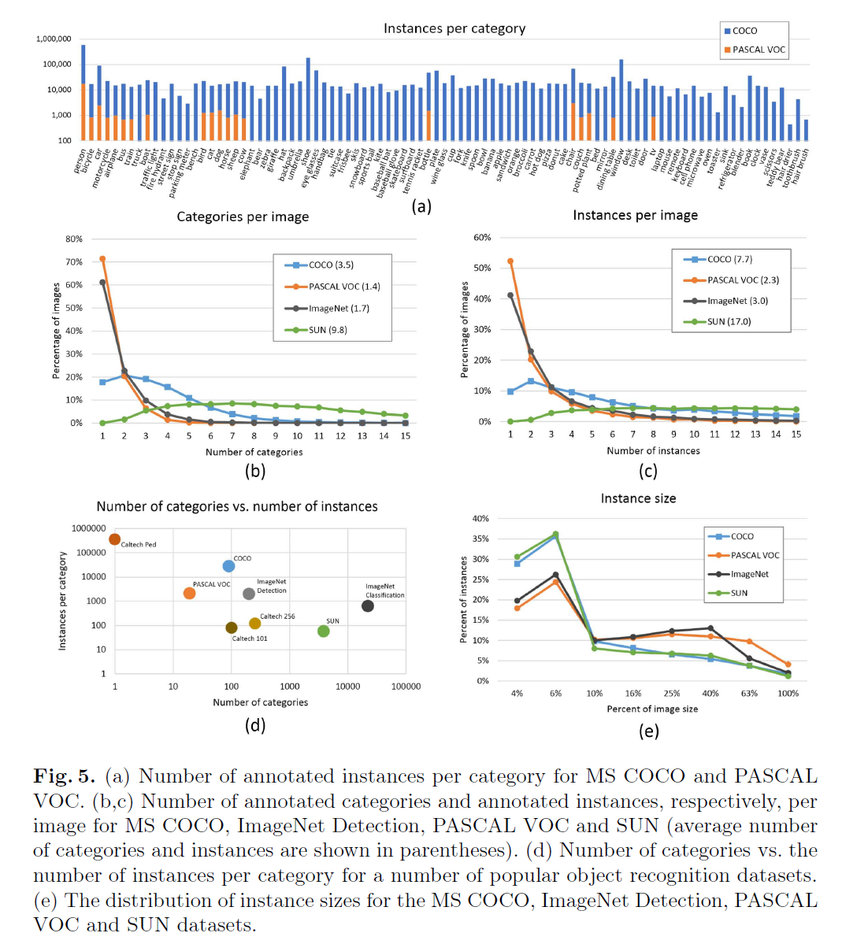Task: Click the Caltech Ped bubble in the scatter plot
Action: point(115,539)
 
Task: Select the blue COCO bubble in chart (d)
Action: point(228,566)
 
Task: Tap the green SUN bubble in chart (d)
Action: point(324,631)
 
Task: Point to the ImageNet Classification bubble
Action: point(368,605)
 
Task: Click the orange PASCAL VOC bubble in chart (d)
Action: point(189,593)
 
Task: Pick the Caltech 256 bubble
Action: point(254,624)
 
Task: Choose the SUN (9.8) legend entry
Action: point(328,330)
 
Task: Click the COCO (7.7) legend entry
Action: point(729,259)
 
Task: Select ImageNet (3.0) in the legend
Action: point(737,301)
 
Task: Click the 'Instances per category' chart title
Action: point(454,28)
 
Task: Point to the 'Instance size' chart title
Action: point(638,498)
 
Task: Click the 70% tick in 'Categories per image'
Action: point(74,261)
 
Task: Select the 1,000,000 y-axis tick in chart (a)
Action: point(54,39)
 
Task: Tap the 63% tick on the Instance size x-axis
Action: point(749,694)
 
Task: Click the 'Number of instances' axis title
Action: point(653,451)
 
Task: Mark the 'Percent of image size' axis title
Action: point(652,709)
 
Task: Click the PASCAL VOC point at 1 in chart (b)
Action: point(102,258)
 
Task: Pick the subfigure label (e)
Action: point(648,731)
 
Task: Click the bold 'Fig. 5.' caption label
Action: point(64,776)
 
